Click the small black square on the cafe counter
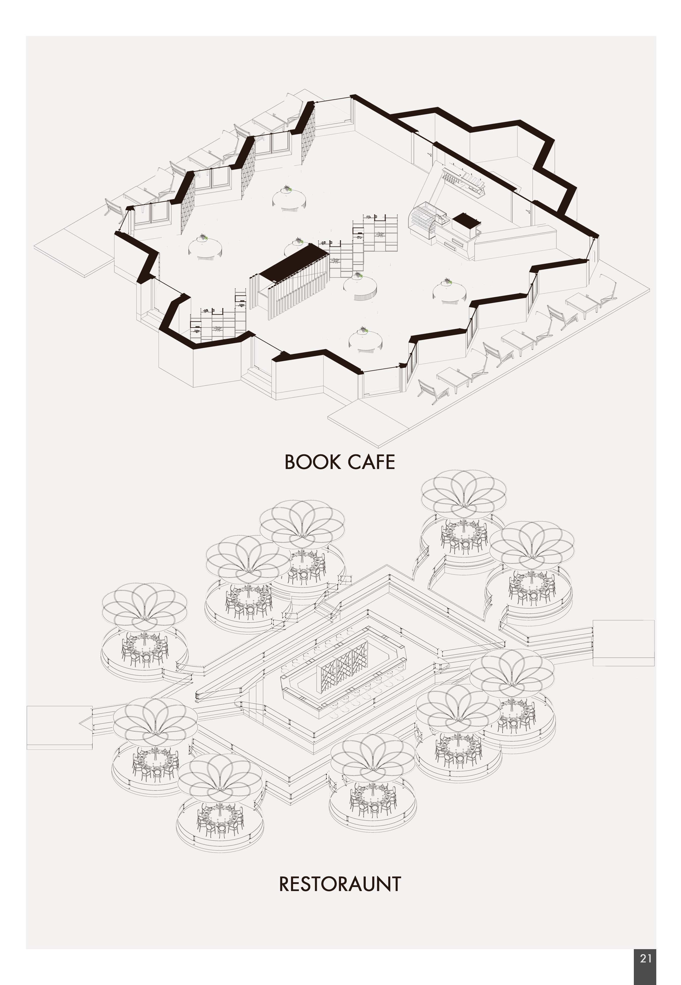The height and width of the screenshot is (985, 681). click(x=466, y=221)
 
